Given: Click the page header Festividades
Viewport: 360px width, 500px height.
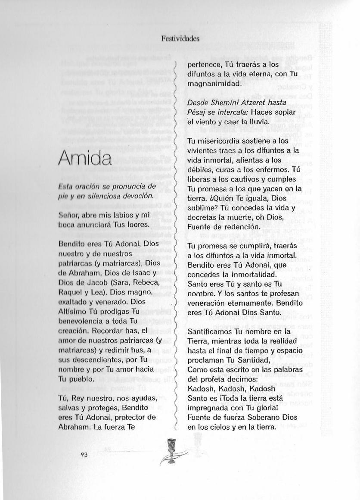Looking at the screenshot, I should pyautogui.click(x=180, y=38).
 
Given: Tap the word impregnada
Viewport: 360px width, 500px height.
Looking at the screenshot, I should pyautogui.click(x=208, y=409).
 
